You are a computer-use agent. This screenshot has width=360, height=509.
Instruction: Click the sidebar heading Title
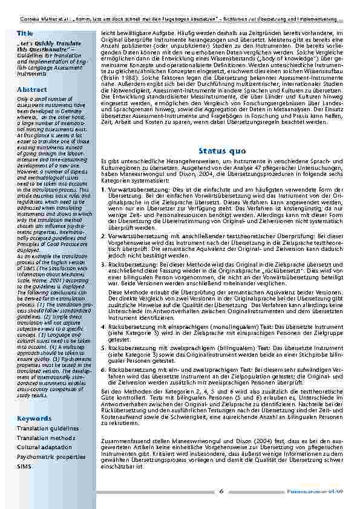[x=25, y=32]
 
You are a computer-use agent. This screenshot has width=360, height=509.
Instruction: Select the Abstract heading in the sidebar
[x=32, y=89]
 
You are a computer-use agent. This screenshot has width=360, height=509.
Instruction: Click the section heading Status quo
[x=220, y=150]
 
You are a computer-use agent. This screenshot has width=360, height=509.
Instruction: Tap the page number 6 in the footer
[x=221, y=491]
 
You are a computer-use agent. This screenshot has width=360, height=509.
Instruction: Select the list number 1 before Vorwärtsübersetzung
[x=103, y=189]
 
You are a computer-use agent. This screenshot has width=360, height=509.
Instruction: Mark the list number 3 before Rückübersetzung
[x=103, y=264]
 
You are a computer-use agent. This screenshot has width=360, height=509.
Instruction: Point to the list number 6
[x=103, y=368]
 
